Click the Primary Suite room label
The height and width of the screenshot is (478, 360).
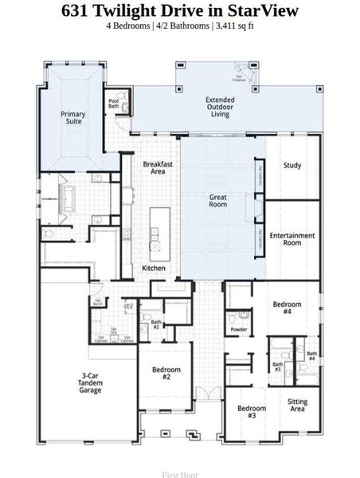[x=73, y=118]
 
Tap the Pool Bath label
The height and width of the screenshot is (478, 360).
[x=113, y=104]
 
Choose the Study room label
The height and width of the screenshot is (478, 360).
[x=292, y=166]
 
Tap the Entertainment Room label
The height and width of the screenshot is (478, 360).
[x=292, y=239]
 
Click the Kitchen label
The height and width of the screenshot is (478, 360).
[x=154, y=268]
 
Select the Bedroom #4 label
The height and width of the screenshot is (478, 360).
[x=288, y=308]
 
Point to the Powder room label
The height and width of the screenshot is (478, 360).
[x=238, y=329]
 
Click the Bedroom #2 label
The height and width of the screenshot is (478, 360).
[x=166, y=374]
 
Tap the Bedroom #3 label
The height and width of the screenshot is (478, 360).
[x=252, y=412]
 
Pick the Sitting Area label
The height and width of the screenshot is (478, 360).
[x=297, y=406]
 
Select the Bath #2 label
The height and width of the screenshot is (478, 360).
[x=156, y=324]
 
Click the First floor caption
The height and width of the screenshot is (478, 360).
[x=180, y=474]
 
